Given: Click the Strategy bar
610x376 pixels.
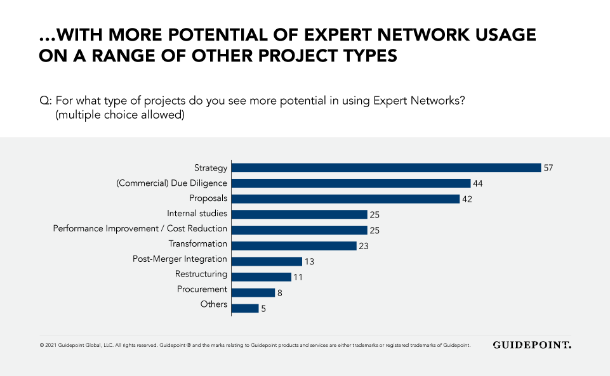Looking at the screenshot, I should pyautogui.click(x=386, y=167).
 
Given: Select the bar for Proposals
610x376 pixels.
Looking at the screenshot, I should pyautogui.click(x=345, y=198).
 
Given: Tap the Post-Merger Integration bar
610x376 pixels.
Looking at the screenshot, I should pyautogui.click(x=267, y=261).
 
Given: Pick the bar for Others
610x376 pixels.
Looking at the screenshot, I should pyautogui.click(x=245, y=308).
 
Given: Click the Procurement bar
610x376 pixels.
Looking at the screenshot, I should pyautogui.click(x=253, y=292).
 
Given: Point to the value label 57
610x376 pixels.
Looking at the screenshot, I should pyautogui.click(x=549, y=168).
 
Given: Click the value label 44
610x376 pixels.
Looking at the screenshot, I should pyautogui.click(x=478, y=183).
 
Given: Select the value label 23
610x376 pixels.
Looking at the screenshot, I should pyautogui.click(x=364, y=246).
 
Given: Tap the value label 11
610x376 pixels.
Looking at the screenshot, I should pyautogui.click(x=298, y=277).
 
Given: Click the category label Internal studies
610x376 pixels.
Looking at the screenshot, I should pyautogui.click(x=197, y=214).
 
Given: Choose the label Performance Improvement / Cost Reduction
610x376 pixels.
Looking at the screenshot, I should pyautogui.click(x=140, y=229).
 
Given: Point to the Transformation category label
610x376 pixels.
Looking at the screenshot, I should pyautogui.click(x=197, y=244).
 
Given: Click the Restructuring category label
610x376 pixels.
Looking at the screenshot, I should pyautogui.click(x=201, y=275).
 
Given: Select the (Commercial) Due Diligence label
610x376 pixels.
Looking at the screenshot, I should pyautogui.click(x=171, y=183).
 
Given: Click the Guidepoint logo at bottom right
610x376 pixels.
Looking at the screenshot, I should pyautogui.click(x=532, y=345).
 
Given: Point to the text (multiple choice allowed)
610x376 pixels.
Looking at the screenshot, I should pyautogui.click(x=120, y=115).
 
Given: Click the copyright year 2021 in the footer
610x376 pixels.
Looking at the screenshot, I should pyautogui.click(x=51, y=346).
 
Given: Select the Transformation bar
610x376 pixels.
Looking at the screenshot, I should pyautogui.click(x=294, y=245).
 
